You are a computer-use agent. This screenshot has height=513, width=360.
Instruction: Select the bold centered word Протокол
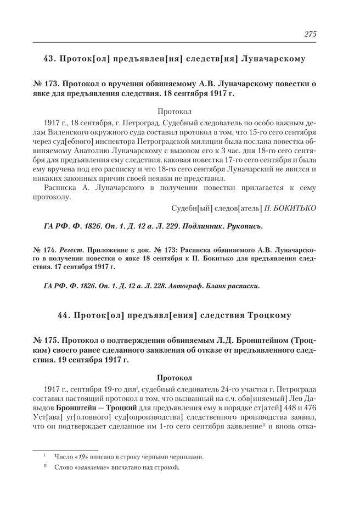coord(174,377)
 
